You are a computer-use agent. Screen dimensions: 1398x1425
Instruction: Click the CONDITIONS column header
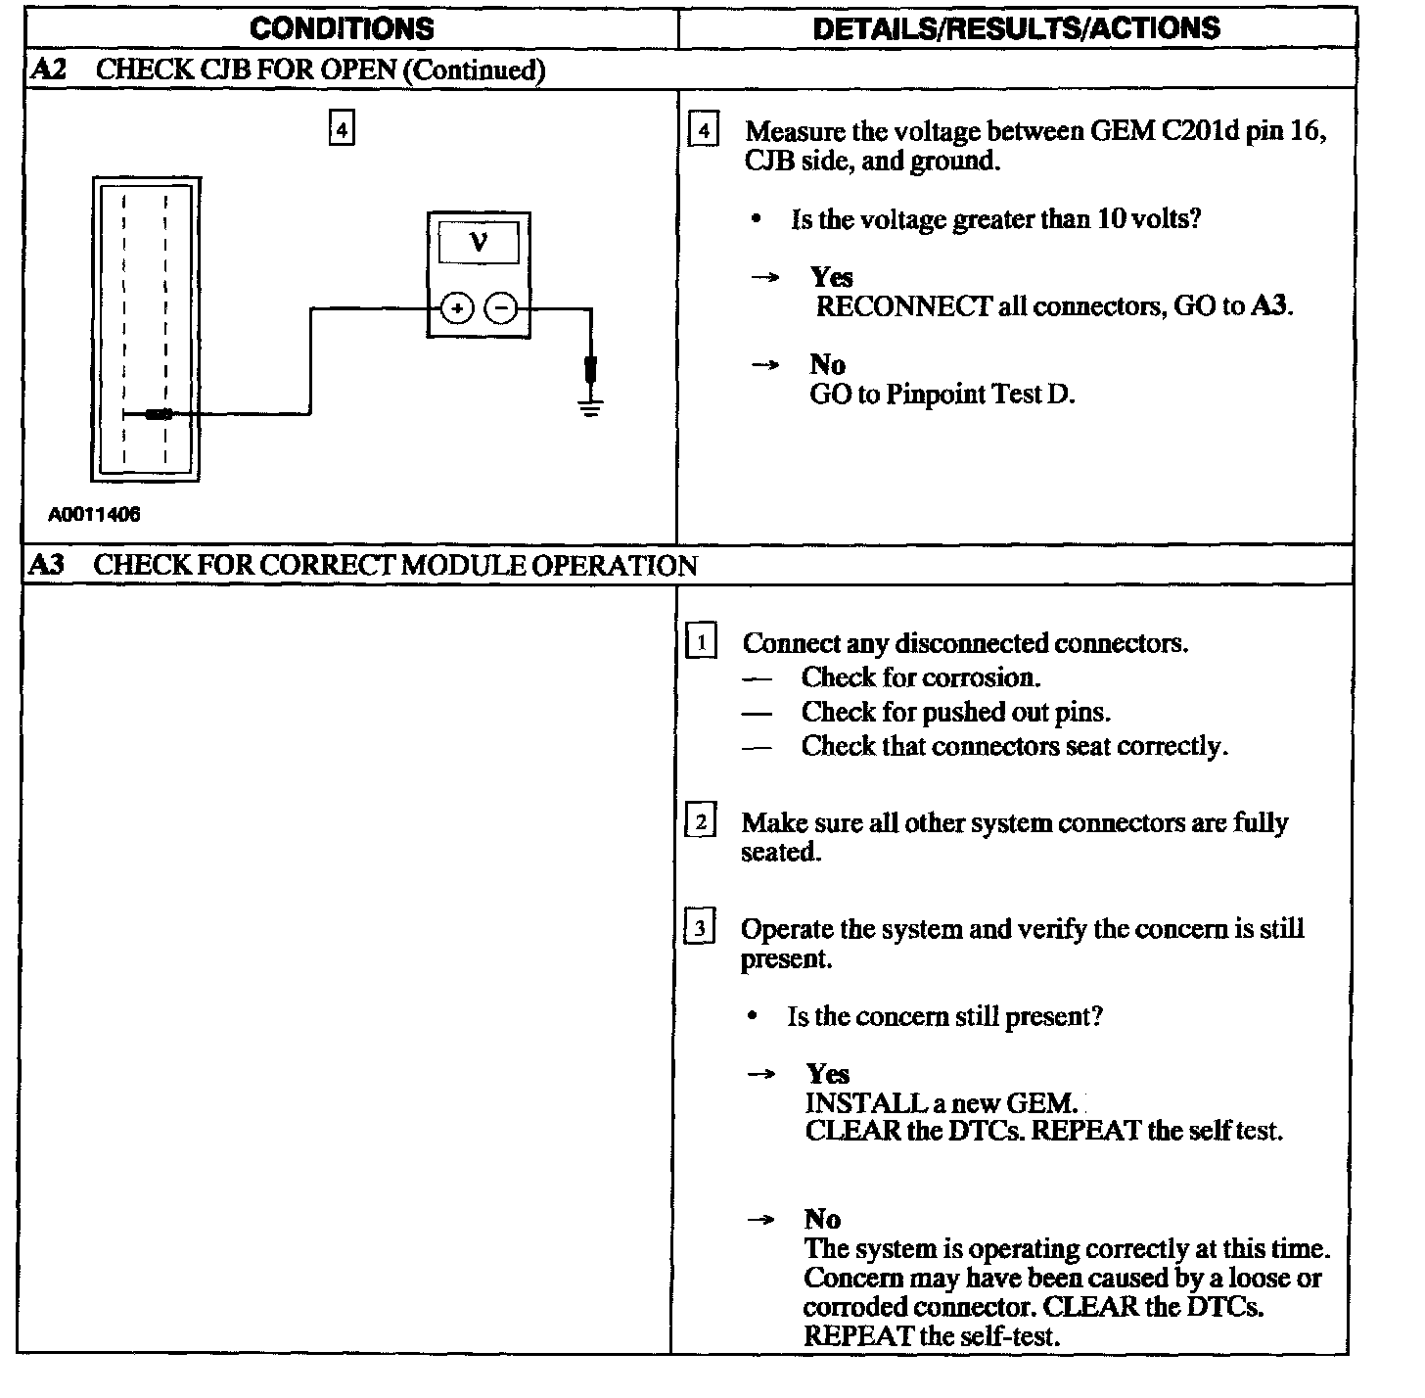[342, 28]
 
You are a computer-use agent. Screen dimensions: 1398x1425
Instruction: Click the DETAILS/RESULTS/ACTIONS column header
[1016, 28]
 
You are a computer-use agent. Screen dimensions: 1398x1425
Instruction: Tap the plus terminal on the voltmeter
[456, 309]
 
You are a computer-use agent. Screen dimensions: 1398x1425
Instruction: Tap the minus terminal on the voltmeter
[501, 309]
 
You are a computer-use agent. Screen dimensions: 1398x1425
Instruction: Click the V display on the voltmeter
[479, 241]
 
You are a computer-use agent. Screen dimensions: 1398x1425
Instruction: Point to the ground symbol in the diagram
[590, 405]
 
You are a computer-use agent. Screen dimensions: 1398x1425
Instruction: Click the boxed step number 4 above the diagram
[341, 129]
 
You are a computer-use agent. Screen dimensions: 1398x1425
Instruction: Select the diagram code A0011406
[94, 515]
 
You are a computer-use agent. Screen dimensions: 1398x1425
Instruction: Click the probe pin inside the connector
[158, 414]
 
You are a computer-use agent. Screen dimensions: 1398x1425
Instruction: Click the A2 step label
[49, 70]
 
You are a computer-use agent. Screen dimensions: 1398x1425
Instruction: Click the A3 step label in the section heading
[47, 565]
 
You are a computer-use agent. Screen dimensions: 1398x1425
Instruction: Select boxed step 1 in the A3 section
[702, 642]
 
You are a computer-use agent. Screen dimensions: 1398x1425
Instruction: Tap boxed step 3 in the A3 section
[700, 927]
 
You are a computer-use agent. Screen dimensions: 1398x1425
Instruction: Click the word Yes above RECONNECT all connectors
[831, 277]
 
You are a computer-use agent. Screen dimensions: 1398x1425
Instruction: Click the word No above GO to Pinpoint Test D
[827, 364]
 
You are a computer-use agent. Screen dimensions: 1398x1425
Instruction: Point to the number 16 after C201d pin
[1305, 131]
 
